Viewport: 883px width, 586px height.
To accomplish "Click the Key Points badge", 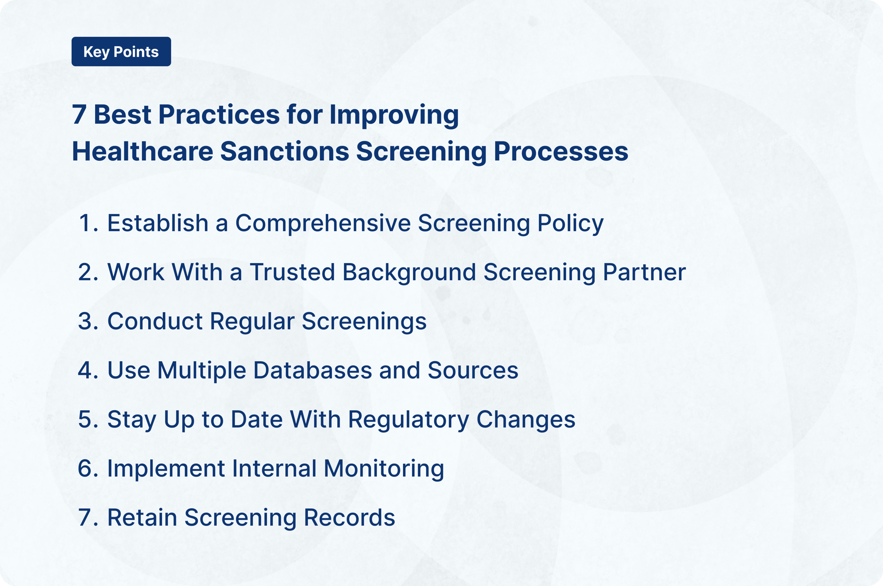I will tap(121, 51).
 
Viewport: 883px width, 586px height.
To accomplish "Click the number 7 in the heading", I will tap(79, 115).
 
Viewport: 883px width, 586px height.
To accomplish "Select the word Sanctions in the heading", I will tap(284, 151).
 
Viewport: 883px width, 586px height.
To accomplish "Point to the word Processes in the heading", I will tap(560, 151).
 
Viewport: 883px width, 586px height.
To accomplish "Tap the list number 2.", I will tap(86, 272).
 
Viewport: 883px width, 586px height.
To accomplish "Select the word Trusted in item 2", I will tap(292, 272).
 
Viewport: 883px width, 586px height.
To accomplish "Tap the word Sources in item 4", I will tap(472, 371).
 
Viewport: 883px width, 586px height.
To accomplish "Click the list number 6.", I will tap(86, 469).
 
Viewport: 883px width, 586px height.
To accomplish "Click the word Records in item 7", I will tap(349, 518).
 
